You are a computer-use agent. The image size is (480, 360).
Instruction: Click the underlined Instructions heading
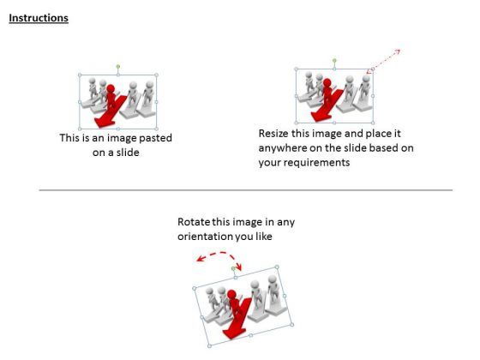39,18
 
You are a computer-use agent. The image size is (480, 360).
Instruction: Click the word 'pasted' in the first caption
155,138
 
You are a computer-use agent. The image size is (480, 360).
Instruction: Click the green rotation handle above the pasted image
118,67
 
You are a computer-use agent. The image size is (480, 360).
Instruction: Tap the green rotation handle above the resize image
334,60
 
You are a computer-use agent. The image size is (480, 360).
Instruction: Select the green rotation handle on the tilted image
233,268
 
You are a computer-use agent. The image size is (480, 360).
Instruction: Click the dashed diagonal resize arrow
384,61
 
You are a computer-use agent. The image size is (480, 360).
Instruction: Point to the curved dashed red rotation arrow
219,253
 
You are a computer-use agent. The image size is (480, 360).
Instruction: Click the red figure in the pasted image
111,97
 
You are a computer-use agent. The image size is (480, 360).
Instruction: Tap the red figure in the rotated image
234,304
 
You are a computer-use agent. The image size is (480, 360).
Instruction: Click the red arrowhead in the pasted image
105,123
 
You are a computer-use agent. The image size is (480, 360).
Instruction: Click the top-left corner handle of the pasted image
80,75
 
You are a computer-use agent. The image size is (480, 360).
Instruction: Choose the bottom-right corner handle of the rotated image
291,325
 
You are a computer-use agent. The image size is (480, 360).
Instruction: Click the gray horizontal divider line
246,190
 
